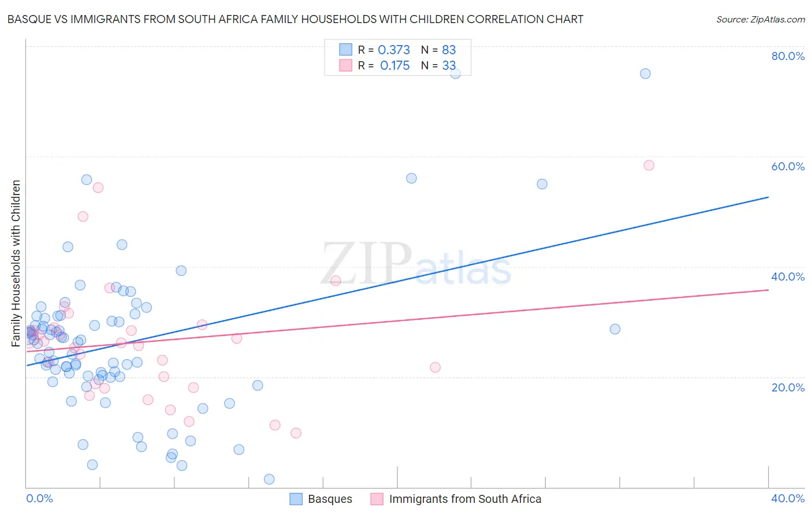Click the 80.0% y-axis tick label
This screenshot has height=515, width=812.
click(788, 56)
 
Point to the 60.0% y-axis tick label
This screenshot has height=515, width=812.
click(788, 166)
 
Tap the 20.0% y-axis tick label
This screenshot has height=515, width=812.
click(788, 387)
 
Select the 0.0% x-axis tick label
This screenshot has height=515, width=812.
click(39, 498)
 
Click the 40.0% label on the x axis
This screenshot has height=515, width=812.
click(788, 498)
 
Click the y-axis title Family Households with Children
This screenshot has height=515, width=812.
click(16, 263)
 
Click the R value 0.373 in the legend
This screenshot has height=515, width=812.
click(394, 50)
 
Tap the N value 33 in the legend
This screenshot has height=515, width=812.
click(449, 65)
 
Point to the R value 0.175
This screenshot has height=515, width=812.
click(395, 65)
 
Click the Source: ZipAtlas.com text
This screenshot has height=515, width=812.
click(760, 19)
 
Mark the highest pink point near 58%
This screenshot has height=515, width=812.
click(649, 165)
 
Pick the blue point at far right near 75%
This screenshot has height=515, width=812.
click(645, 73)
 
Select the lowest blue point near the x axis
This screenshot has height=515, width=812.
click(269, 479)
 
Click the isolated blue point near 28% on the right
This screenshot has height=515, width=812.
click(615, 329)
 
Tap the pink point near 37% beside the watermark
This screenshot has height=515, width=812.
click(336, 281)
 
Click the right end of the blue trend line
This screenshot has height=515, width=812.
click(768, 197)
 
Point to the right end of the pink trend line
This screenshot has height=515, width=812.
click(768, 290)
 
